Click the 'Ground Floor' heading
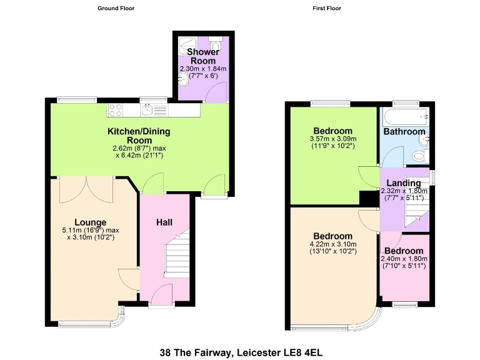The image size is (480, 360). [x=116, y=8]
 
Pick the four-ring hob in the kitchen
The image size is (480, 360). [x=116, y=110]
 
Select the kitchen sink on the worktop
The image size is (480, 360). [x=147, y=111]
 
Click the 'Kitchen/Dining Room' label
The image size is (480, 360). [x=139, y=136]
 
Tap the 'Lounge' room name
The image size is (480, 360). [x=91, y=222]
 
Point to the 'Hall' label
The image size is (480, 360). [x=164, y=222]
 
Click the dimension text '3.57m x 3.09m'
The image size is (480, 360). [x=332, y=139]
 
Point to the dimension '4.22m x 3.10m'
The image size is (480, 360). [x=332, y=244]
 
